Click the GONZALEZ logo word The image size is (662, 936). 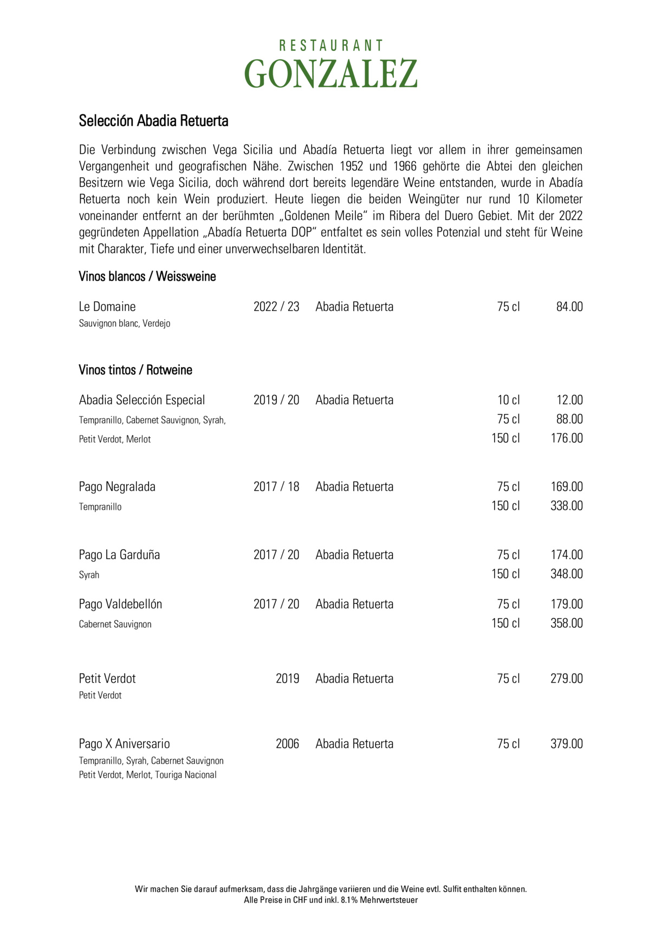point(330,74)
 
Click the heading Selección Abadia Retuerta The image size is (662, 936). point(153,121)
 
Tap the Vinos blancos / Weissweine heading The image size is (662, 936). point(147,277)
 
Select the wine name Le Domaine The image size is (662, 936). point(107,307)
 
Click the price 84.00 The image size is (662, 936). point(569,307)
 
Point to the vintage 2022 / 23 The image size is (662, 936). point(276,307)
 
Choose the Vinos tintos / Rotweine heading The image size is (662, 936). point(135,370)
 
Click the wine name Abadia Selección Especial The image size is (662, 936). point(142,400)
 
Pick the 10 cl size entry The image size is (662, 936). point(508,400)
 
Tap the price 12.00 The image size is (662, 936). point(569,400)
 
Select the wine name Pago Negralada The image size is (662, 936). point(117,487)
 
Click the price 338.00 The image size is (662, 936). point(567,506)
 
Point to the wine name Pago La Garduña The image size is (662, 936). point(119,555)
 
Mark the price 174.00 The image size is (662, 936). point(567,555)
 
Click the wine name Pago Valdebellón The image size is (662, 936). point(120,604)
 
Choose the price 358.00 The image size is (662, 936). point(567,623)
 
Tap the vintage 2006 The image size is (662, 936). point(287,744)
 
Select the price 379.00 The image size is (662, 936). point(567,744)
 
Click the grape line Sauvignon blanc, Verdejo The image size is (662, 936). point(125,324)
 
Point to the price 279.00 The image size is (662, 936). point(567,679)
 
